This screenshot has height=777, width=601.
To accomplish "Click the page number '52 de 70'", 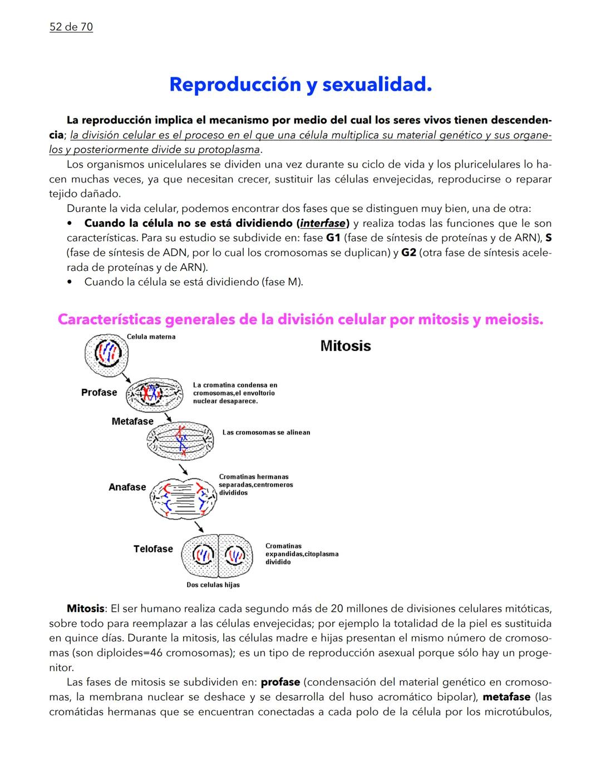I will click(71, 27).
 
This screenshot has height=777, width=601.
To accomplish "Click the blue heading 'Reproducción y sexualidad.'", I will click(300, 85).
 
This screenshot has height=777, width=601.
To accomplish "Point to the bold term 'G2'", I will click(408, 253).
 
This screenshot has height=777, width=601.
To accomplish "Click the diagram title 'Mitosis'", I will click(346, 346).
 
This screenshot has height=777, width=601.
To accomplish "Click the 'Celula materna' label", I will click(151, 336).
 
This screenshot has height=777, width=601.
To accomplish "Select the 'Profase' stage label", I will click(99, 392).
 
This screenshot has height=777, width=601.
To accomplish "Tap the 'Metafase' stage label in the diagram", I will click(132, 421).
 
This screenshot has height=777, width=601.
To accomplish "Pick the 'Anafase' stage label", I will click(127, 487).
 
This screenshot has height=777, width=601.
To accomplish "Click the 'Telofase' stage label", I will click(153, 549).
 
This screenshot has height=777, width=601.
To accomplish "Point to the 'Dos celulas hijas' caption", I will click(213, 585).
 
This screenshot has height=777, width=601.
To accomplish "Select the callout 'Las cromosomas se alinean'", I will click(266, 432).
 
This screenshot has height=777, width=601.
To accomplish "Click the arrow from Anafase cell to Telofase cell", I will click(199, 526).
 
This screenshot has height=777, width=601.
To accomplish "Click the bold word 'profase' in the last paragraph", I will click(280, 682).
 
